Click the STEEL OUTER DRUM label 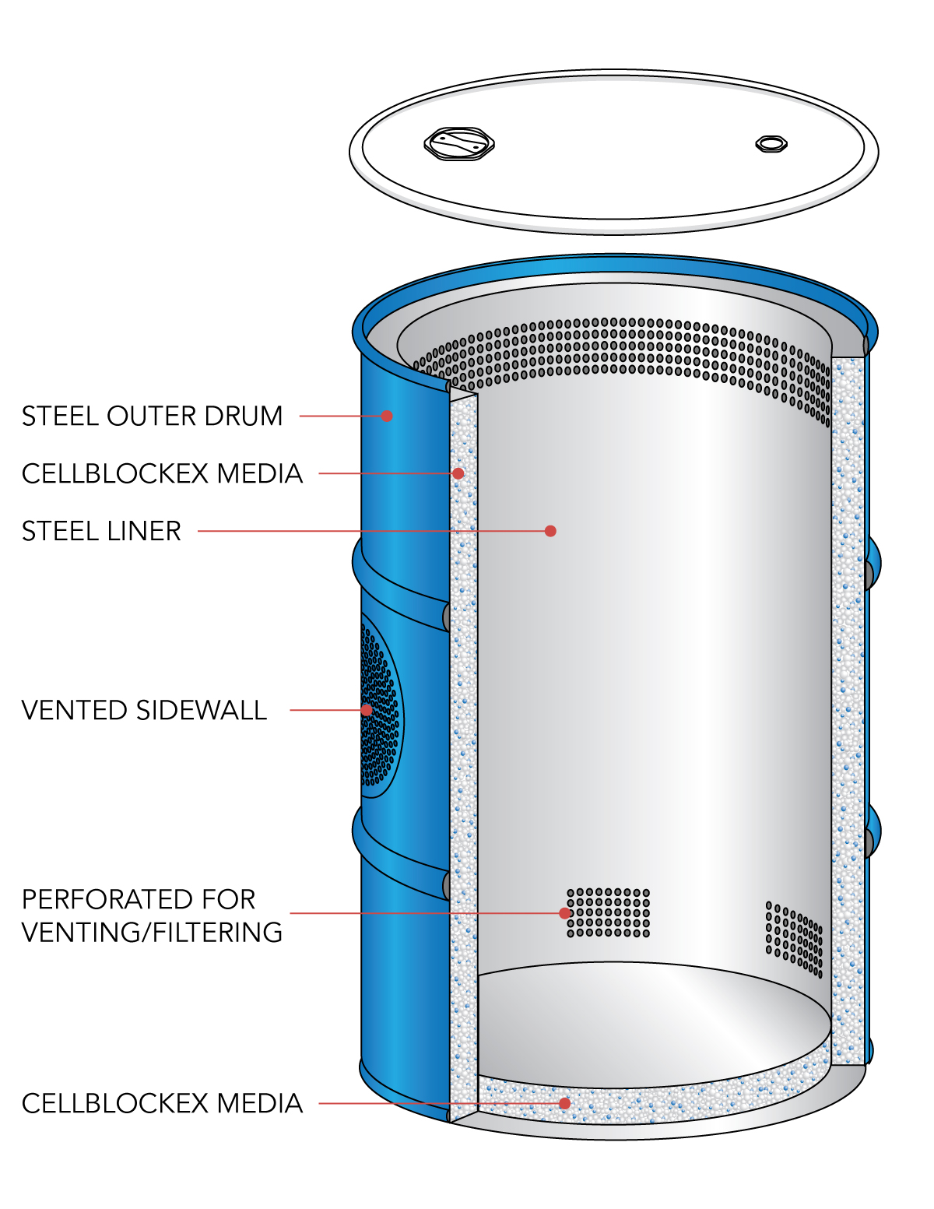pos(152,416)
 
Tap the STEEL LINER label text pos(101,532)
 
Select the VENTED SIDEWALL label pos(144,711)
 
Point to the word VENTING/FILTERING pos(152,933)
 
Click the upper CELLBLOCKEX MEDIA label pos(162,474)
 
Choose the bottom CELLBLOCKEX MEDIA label pos(162,1104)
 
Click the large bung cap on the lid pos(459,144)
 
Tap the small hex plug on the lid pos(771,143)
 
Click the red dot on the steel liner pos(550,531)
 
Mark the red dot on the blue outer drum pos(386,416)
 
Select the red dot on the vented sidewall pos(367,710)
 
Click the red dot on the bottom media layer pos(565,1103)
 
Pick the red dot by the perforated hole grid pos(565,913)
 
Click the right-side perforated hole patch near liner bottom pos(794,939)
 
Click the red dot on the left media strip pos(459,473)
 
